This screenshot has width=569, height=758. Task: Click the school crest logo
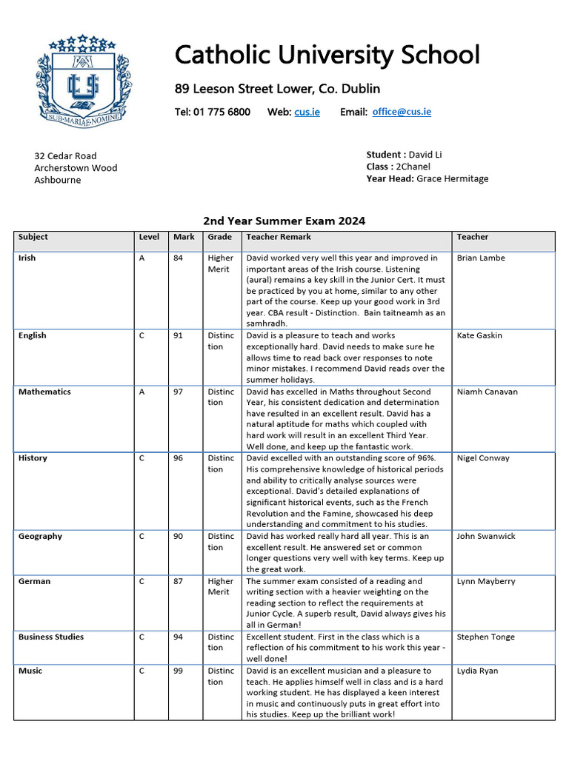coord(81,79)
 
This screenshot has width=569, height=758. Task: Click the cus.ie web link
coord(307,112)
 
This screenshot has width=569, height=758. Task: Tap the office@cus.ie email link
coord(402,112)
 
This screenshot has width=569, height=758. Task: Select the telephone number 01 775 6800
coord(222,112)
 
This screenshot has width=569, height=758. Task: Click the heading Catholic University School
coord(327,55)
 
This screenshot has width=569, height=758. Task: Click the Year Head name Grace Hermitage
coord(452,178)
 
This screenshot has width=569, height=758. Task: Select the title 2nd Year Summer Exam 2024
coord(284,221)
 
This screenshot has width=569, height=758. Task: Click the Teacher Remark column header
coord(279,237)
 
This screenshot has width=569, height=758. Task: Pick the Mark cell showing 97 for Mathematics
coord(178,392)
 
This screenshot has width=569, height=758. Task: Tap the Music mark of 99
coord(178,671)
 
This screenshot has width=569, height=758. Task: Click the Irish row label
coord(27,258)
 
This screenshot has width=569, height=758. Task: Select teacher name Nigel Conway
coord(483,458)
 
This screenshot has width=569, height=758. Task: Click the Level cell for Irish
coord(142,258)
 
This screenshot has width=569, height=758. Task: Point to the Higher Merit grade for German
coord(220,586)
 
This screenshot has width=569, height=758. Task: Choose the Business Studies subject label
coord(51,637)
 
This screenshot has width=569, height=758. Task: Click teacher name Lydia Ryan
coord(477,671)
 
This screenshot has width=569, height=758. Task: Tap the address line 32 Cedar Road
coord(65,156)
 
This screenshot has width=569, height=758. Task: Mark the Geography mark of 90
coord(178,536)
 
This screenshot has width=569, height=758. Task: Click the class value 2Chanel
coord(414,167)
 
